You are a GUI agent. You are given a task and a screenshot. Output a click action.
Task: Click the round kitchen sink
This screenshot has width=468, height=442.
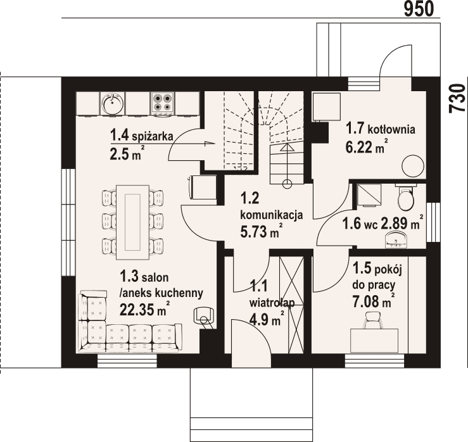tap(112, 103)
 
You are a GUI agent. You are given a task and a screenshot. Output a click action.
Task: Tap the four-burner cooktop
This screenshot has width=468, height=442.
tap(162, 103)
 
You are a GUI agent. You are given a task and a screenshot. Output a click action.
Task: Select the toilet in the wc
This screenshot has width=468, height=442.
tap(406, 197)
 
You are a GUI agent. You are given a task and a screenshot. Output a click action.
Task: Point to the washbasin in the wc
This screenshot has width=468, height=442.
tap(396, 240)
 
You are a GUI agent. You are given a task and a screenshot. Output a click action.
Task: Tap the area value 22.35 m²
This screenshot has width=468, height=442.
tap(145, 308)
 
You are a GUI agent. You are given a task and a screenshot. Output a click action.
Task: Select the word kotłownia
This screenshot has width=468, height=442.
tap(391, 130)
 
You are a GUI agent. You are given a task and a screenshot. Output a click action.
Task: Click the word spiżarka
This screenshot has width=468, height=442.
tap(153, 137)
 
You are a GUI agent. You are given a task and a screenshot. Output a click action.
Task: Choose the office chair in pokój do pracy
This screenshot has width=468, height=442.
tap(373, 320)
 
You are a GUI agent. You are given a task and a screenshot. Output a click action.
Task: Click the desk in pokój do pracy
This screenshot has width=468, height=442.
tap(374, 341)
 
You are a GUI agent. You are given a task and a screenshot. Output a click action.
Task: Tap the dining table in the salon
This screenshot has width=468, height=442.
tap(132, 222)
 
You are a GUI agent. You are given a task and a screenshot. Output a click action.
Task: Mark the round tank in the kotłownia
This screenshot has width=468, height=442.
tap(413, 167)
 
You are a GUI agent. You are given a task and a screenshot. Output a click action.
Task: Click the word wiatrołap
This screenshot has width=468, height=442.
tap(272, 303)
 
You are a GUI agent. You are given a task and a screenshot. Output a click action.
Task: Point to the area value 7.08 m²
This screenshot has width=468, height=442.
tap(374, 301)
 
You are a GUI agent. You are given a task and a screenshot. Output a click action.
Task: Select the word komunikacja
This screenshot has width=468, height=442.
tap(271, 215)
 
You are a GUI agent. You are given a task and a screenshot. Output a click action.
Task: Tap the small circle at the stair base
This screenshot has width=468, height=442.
tap(287, 184)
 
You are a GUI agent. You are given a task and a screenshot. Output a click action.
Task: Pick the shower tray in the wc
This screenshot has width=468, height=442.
tap(369, 195)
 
